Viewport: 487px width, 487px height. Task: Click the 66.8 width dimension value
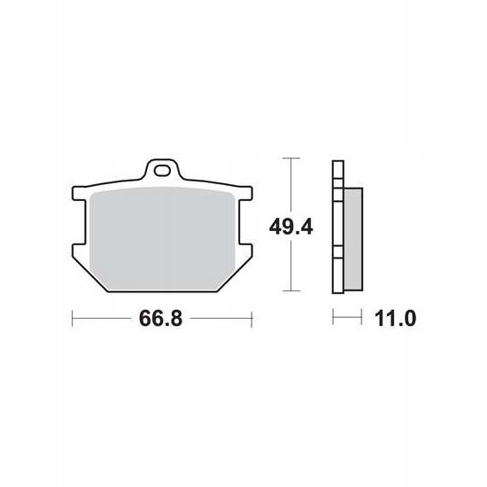160,319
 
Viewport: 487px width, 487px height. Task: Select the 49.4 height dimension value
291,227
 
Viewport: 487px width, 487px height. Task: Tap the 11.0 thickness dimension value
395,319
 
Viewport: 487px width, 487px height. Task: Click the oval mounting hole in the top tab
162,171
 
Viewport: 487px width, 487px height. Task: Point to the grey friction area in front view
162,238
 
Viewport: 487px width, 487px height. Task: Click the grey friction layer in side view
353,239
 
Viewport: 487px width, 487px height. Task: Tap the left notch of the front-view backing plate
79,222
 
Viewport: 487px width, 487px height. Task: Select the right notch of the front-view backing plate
245,222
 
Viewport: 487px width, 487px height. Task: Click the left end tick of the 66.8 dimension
73,319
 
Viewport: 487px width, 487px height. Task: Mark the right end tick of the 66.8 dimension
251,319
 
